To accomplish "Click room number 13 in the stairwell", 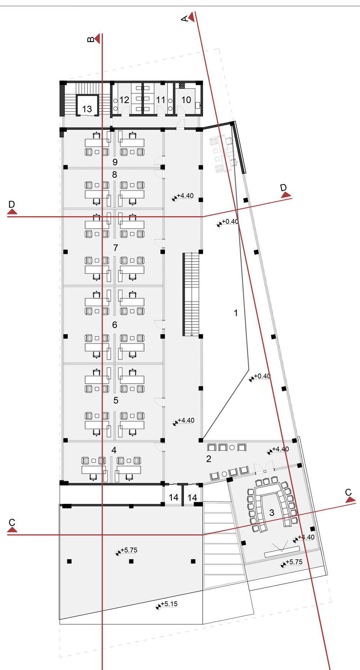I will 87,109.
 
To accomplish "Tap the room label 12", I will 124,100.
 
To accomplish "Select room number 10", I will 186,100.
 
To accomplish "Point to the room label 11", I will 161,100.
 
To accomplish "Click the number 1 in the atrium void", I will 236,313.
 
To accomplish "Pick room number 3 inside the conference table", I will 272,513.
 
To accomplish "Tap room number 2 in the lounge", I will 209,459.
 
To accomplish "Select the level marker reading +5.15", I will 168,604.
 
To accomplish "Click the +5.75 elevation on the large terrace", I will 129,550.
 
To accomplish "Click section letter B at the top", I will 91,39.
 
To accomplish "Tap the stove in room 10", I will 182,86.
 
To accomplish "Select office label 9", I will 115,162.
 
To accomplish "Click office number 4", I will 114,450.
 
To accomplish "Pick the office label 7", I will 116,248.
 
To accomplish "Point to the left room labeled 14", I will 174,497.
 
